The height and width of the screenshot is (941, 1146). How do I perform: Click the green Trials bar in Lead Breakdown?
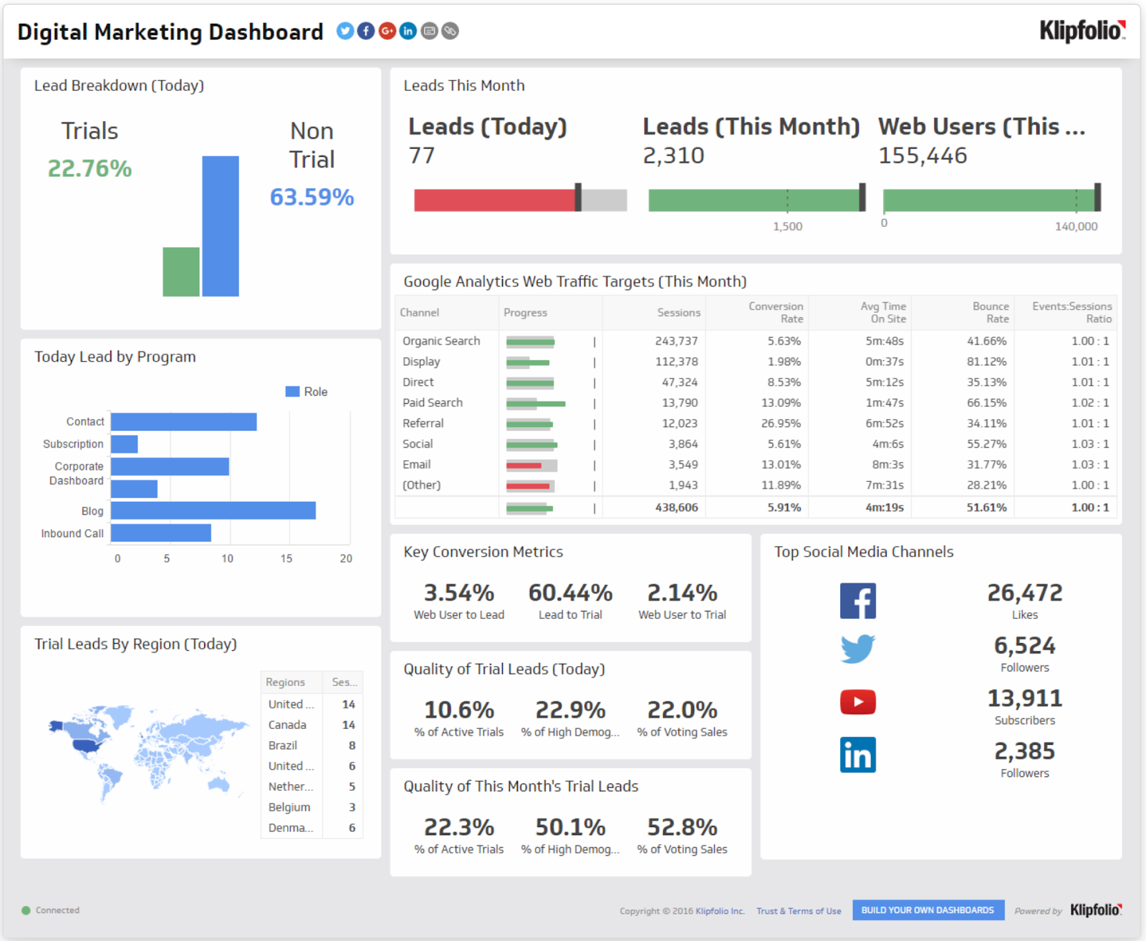tap(180, 271)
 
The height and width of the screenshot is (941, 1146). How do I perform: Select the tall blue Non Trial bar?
tap(220, 226)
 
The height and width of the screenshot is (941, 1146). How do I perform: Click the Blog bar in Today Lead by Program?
tap(213, 511)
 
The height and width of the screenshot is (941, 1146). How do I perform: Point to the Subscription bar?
tap(124, 444)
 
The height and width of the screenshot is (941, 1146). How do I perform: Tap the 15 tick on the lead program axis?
tap(286, 559)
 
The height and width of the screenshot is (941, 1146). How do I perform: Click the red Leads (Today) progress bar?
tap(494, 200)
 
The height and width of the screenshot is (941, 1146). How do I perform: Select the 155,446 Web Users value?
tap(923, 155)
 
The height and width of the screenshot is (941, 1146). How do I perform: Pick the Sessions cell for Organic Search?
tap(675, 341)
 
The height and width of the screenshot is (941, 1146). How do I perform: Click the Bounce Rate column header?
tap(990, 312)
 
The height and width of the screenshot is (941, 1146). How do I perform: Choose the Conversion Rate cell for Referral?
tap(780, 423)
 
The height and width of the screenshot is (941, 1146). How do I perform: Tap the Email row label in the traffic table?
tap(416, 464)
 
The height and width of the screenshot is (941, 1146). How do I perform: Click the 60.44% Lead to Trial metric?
tap(570, 593)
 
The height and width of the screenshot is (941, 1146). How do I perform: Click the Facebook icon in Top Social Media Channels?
tap(857, 600)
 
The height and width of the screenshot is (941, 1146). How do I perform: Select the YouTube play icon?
tap(857, 702)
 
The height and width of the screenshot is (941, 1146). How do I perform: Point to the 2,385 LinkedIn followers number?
tap(1024, 751)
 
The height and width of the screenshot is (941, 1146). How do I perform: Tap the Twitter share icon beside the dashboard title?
tap(345, 31)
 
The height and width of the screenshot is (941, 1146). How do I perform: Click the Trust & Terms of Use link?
tap(799, 911)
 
